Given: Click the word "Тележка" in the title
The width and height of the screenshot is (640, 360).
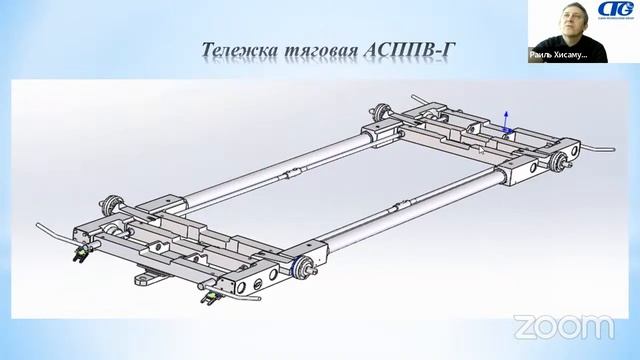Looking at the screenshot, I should point(238,50).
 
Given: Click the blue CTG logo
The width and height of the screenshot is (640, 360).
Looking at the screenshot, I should point(609,12).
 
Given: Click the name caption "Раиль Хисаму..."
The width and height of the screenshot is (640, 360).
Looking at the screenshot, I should point(557,56).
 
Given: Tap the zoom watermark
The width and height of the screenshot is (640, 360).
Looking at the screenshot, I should point(563,325).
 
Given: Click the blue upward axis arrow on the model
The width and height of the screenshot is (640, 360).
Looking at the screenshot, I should point(507,117).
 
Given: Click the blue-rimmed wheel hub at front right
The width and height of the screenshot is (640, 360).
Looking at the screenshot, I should point(300,267).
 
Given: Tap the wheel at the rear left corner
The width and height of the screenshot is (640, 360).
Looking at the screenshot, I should point(381,113).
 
